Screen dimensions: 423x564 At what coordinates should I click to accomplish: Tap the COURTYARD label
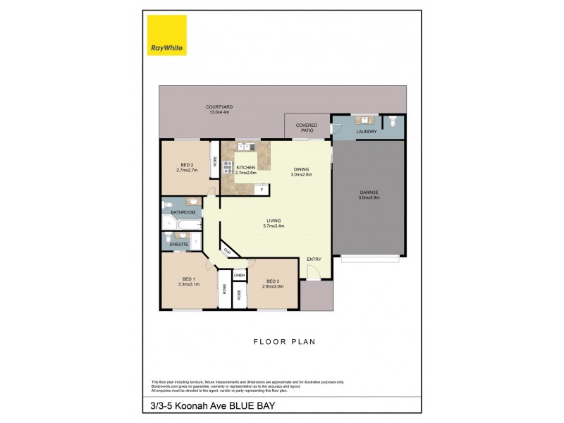219,106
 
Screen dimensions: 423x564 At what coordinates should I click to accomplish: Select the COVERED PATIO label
307,128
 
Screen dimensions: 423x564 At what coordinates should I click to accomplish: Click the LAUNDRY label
366,132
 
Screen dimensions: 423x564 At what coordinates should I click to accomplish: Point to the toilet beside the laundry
394,122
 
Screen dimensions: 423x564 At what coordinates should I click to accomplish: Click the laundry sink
366,120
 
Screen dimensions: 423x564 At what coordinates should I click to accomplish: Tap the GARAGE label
368,195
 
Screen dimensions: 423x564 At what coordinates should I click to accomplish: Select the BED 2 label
187,165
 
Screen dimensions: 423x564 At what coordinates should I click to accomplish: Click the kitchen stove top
228,167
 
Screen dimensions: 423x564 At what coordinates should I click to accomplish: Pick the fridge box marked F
262,190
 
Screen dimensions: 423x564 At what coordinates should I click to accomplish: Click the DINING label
301,169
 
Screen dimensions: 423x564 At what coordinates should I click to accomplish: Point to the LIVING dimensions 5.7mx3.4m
273,226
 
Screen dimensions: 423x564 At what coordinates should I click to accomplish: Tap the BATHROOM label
182,211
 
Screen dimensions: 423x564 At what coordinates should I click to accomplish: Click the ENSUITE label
178,244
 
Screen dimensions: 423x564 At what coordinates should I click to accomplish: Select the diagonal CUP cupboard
228,250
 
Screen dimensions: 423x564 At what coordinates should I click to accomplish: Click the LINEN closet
240,274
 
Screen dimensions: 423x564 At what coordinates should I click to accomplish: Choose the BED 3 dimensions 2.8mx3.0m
272,286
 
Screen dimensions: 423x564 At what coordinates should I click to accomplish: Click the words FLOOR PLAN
284,341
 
